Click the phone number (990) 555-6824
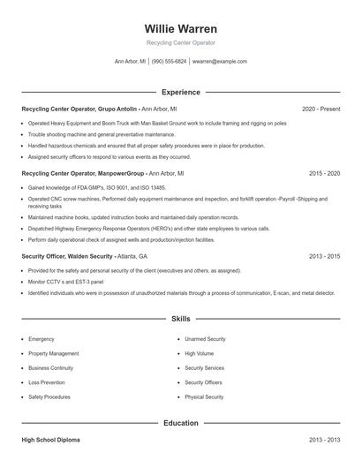point(170,62)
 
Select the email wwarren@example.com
point(219,62)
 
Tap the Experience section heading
point(180,92)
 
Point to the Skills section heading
point(180,318)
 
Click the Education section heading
point(180,423)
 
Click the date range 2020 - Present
point(321,109)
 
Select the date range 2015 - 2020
point(324,175)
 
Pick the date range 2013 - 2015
point(324,256)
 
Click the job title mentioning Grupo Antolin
point(79,109)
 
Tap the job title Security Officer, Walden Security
point(67,256)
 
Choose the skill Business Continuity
point(50,367)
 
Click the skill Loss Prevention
point(47,382)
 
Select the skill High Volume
point(200,353)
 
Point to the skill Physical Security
point(204,397)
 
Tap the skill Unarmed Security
point(205,338)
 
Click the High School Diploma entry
point(50,439)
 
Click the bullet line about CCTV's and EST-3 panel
point(65,282)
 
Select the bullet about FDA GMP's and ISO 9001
point(97,188)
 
